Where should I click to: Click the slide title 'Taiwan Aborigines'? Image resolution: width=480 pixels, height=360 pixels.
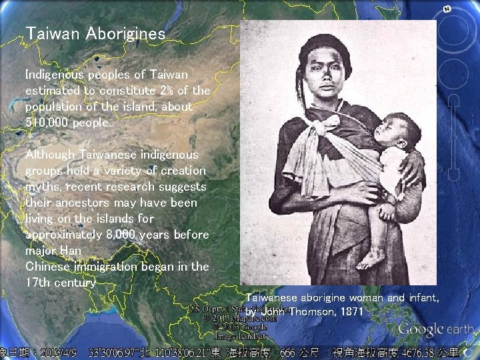click(x=95, y=33)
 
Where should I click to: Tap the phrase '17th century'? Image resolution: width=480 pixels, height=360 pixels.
click(x=60, y=282)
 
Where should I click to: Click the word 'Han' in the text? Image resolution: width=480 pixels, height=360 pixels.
click(x=71, y=251)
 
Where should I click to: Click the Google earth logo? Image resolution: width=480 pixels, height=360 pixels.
click(x=436, y=329)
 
